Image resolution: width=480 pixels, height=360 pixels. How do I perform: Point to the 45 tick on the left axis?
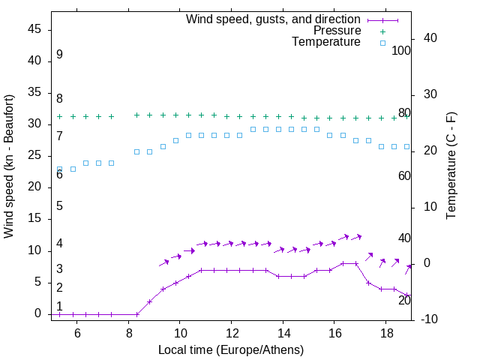coord(35,29)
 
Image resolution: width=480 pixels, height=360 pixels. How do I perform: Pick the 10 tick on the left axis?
coord(35,250)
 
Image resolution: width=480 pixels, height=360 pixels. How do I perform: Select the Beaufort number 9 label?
coord(59,55)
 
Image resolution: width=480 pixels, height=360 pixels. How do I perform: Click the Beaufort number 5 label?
coord(59,206)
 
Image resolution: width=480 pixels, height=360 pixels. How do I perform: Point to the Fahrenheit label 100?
coord(401,51)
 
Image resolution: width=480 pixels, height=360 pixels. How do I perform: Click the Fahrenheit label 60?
coord(404,175)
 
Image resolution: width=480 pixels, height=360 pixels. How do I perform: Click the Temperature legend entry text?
coord(326,42)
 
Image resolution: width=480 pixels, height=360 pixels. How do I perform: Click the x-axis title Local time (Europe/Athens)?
coord(231,349)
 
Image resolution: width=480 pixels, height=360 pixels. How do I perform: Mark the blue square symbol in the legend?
coord(382,43)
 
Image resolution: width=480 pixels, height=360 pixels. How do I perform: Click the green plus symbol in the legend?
coord(382,31)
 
